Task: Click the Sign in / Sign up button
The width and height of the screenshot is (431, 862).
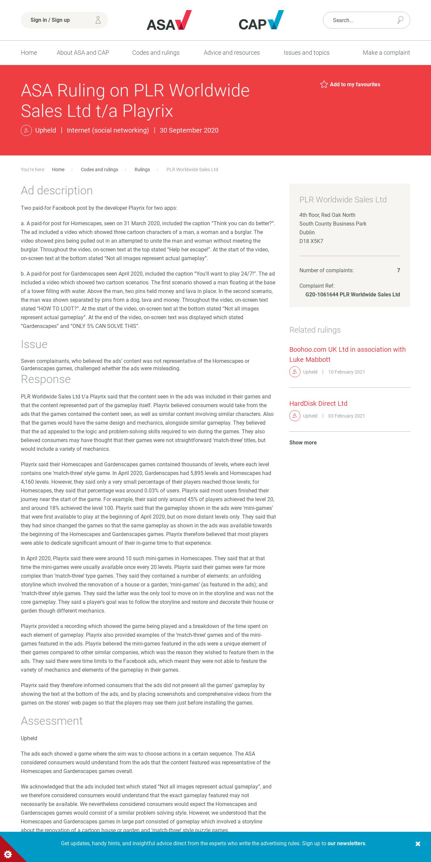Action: [64, 20]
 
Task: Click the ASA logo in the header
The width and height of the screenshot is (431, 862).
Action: [169, 20]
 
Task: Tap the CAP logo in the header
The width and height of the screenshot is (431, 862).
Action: [261, 20]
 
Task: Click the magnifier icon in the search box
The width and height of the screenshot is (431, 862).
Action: [400, 20]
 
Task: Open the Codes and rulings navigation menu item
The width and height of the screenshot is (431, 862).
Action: [156, 53]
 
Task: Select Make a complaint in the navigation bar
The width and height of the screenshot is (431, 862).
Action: [386, 53]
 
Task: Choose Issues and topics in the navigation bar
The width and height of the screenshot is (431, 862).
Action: [306, 53]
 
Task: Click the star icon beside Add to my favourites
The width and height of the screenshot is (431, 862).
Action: [324, 84]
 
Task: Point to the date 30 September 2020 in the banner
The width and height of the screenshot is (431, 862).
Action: [189, 130]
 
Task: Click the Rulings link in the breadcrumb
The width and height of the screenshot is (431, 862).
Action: [142, 170]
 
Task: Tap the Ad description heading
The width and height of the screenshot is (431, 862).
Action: [57, 190]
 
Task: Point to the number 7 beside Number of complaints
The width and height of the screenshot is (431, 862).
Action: [398, 270]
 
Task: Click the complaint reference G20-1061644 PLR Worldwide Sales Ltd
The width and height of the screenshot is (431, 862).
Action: [352, 294]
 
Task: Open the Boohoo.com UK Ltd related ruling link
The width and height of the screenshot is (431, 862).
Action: [347, 354]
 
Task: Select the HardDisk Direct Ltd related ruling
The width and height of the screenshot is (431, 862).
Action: [318, 403]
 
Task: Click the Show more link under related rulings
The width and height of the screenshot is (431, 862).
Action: [303, 442]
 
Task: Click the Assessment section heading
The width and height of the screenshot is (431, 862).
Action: [52, 721]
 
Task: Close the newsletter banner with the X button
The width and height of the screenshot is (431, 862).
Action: [418, 844]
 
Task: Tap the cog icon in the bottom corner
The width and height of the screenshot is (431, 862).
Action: [7, 854]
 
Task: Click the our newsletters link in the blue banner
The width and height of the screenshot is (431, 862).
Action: [346, 844]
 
